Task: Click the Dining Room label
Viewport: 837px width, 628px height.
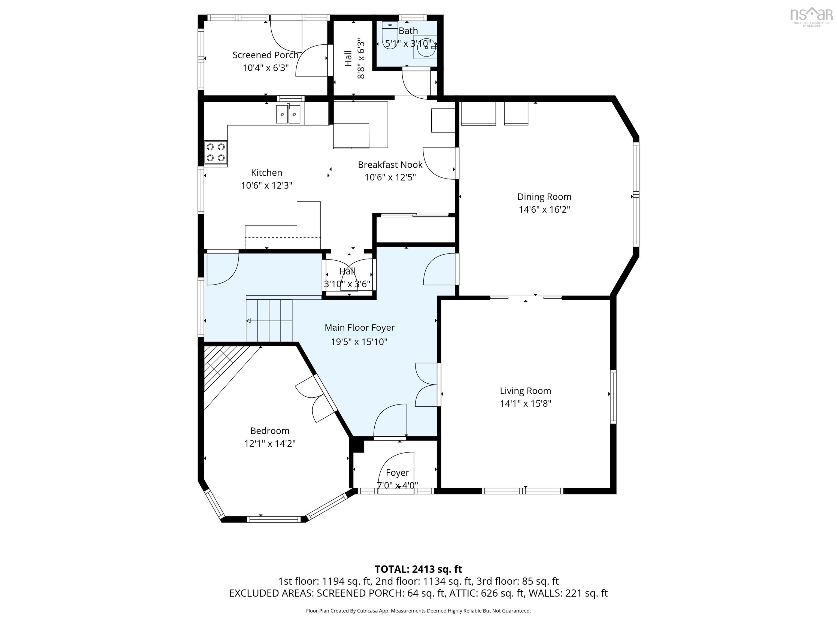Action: click(x=544, y=197)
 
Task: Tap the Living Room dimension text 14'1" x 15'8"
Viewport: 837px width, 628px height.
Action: click(x=526, y=403)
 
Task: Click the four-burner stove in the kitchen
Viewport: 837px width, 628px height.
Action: click(x=216, y=152)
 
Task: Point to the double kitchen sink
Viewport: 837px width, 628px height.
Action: click(x=288, y=114)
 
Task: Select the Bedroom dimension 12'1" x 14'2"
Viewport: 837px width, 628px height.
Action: click(x=270, y=443)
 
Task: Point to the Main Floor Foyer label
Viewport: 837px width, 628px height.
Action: click(x=359, y=328)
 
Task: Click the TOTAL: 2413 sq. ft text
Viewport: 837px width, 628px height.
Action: click(x=418, y=569)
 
